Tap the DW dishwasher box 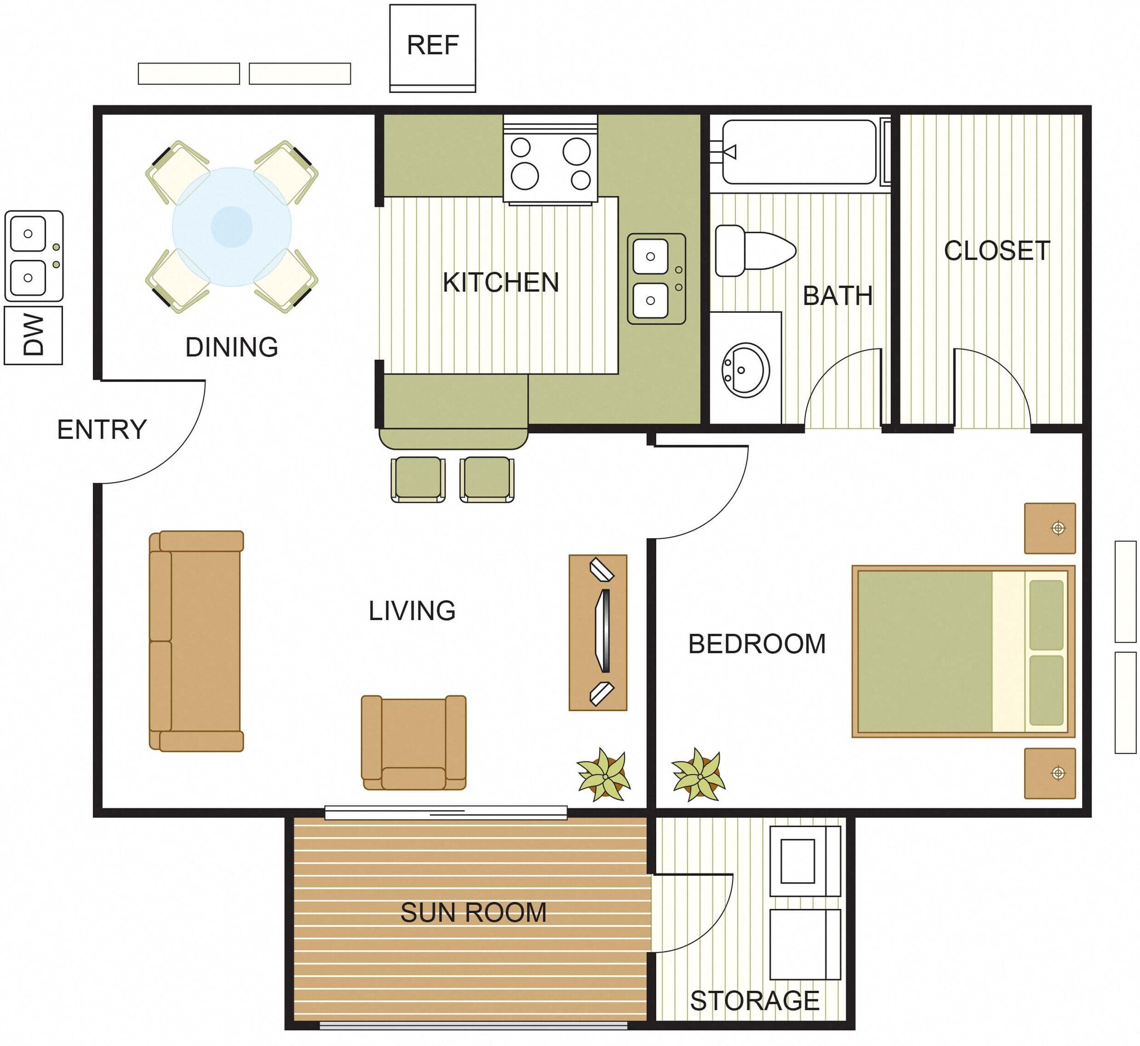[x=33, y=335]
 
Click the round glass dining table [x=232, y=227]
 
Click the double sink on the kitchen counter [x=656, y=278]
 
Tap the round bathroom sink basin [x=745, y=370]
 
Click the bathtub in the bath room [x=799, y=151]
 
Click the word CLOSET [x=996, y=251]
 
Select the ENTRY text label [x=102, y=430]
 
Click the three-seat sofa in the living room [x=196, y=641]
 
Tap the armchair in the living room [x=413, y=742]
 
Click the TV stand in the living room [x=598, y=632]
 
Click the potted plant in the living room [x=603, y=775]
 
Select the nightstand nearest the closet [x=1049, y=528]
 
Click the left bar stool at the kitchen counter [x=417, y=479]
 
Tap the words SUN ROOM [x=473, y=912]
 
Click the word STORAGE [x=755, y=1001]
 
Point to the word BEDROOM [x=757, y=644]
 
